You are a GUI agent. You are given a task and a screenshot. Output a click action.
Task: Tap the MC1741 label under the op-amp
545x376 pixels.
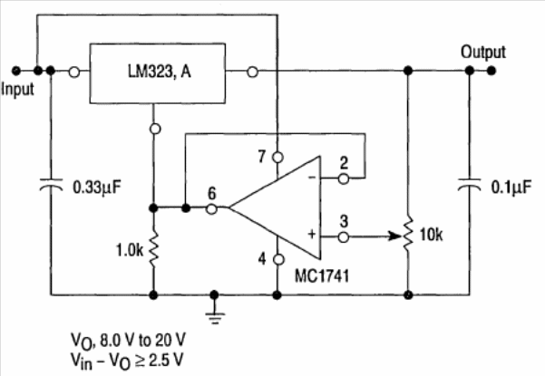coord(322,276)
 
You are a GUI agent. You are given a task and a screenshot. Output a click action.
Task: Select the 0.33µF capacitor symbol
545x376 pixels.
coord(51,185)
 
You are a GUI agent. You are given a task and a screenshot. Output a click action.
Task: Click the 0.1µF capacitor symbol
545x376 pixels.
coord(469,185)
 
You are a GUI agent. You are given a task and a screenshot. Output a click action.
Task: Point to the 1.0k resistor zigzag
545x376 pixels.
coord(153,249)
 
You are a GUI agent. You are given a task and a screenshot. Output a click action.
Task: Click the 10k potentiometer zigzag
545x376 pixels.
coord(408,234)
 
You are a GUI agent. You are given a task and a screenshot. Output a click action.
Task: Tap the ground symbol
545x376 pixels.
coord(215,315)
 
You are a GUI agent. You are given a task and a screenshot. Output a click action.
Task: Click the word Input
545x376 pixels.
coord(17,90)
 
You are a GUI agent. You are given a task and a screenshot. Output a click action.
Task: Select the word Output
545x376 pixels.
coord(483,52)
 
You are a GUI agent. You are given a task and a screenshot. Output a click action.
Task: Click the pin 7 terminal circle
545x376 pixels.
coord(277,158)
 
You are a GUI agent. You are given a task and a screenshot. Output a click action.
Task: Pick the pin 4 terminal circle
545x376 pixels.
coord(278,259)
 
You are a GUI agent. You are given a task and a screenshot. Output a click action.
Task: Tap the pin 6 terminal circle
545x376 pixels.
coord(211,209)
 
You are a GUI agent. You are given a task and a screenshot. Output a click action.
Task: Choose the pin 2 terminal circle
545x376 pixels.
coord(344,178)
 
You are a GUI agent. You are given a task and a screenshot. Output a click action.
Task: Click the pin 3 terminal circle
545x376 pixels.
coord(344,237)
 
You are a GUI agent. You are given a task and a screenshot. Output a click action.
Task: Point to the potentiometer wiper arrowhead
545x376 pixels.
coord(395,236)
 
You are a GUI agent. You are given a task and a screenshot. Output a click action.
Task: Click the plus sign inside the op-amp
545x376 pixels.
coord(312,234)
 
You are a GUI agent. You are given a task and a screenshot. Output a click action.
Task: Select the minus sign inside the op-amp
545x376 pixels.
coord(312,178)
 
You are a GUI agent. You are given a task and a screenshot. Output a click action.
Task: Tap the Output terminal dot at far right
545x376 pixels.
coord(491,71)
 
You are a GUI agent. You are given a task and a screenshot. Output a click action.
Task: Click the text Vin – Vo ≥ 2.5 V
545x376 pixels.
coord(127,361)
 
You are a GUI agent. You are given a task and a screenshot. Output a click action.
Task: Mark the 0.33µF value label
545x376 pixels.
coord(97,188)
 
